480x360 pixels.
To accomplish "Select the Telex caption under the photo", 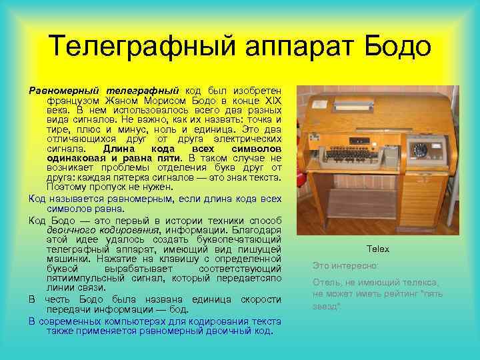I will [x=377, y=249].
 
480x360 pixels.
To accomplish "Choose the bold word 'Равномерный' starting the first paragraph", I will [x=63, y=89].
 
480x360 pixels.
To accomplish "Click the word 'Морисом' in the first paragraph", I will [x=156, y=99].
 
